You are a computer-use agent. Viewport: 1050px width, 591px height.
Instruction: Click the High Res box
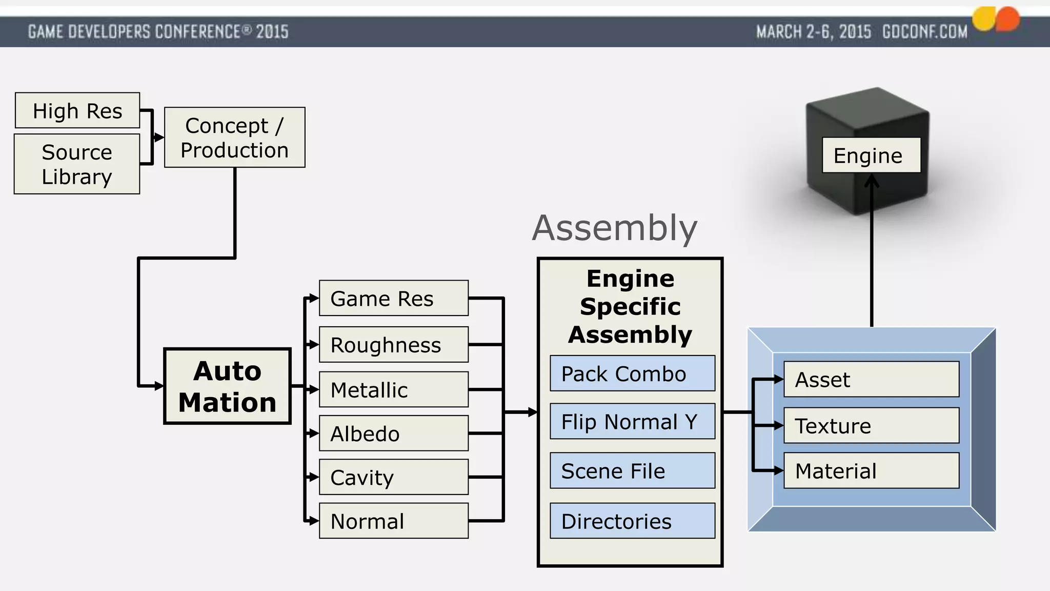click(x=77, y=110)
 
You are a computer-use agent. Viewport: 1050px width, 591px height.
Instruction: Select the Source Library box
click(x=77, y=164)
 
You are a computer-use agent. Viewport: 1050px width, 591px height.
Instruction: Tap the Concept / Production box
click(x=235, y=137)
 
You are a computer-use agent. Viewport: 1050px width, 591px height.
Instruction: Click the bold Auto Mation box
click(x=227, y=386)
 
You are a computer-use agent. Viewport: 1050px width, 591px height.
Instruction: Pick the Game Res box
click(x=393, y=298)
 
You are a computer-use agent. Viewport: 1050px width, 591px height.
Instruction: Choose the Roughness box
click(x=393, y=345)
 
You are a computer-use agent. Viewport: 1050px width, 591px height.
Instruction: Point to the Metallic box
click(x=393, y=389)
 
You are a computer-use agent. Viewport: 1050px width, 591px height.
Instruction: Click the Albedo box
click(x=393, y=434)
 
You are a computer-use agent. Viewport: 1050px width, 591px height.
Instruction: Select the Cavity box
click(x=393, y=477)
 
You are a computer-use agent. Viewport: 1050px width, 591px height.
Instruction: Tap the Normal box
click(x=393, y=521)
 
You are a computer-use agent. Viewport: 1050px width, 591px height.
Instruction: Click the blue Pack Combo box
click(x=632, y=373)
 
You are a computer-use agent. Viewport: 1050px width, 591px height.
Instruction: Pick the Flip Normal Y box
click(x=632, y=421)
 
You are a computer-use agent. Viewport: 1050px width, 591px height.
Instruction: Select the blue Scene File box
click(x=632, y=470)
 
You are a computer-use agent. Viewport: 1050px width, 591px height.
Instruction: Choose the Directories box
click(x=632, y=521)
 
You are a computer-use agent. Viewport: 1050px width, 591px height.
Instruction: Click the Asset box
click(x=871, y=379)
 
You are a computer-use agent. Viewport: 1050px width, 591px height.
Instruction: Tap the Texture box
click(x=871, y=425)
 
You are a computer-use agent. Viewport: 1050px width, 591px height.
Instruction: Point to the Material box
click(x=871, y=470)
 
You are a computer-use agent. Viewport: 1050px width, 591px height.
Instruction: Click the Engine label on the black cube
click(x=871, y=155)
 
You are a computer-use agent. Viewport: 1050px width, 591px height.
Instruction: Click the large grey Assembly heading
click(x=615, y=228)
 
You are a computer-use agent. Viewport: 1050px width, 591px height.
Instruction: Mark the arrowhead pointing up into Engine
click(x=872, y=180)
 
